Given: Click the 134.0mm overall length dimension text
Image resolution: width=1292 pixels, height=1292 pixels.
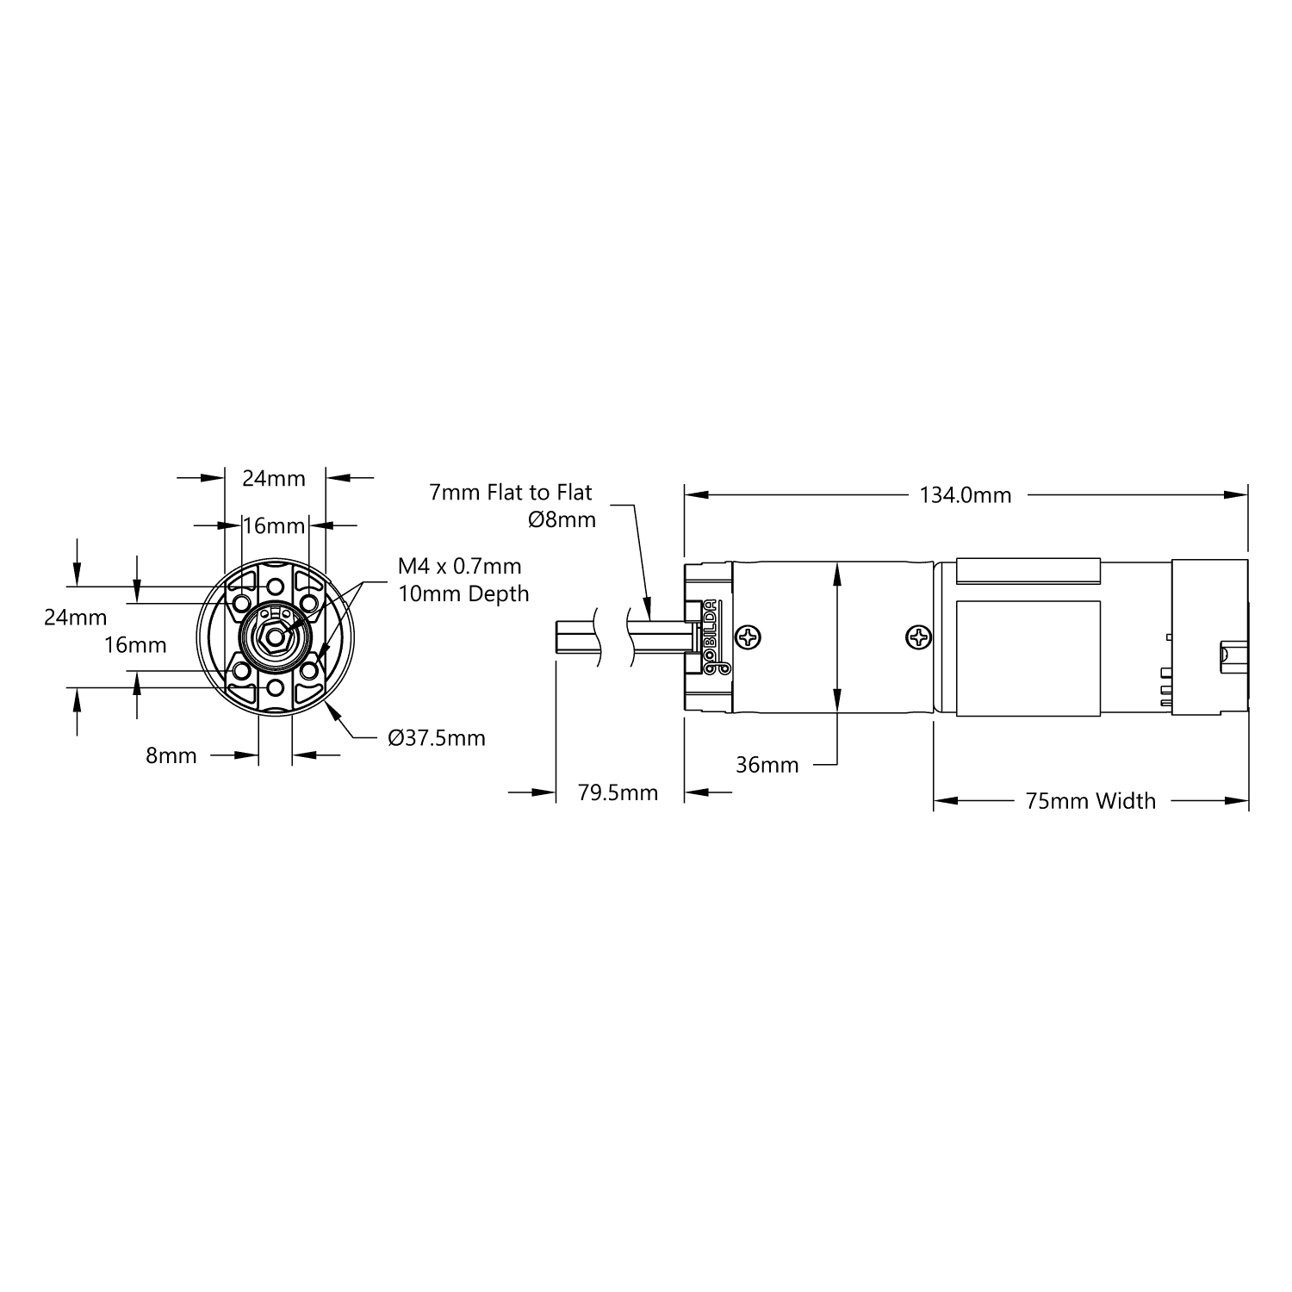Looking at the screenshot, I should [x=965, y=495].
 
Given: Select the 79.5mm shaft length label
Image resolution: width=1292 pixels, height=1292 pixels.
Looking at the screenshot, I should [x=618, y=792].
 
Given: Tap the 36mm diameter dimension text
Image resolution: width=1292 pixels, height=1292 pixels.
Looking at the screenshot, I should [x=767, y=765].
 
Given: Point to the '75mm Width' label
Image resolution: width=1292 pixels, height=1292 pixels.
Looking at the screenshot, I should [x=1090, y=801].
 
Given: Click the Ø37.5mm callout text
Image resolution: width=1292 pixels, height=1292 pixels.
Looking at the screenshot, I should [x=437, y=738].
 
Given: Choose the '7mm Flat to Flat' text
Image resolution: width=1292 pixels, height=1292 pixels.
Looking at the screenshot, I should [x=511, y=493].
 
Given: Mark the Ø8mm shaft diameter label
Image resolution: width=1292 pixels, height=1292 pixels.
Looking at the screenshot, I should [x=562, y=519].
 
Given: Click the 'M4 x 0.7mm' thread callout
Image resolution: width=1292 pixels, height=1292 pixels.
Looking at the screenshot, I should [x=459, y=566].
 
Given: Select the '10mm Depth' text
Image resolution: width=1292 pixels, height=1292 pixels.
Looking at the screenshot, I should [x=463, y=593].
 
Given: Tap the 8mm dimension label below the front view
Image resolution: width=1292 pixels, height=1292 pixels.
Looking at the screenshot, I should [x=171, y=755].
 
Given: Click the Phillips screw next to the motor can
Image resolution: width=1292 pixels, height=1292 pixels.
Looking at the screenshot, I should [x=919, y=638].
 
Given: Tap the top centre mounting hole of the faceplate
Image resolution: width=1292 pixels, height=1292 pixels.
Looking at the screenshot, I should [x=275, y=587].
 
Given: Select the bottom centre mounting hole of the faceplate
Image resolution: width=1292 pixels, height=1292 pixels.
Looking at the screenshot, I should [x=275, y=686].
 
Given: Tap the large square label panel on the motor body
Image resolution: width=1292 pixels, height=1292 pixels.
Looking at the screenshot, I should [x=1028, y=657].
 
